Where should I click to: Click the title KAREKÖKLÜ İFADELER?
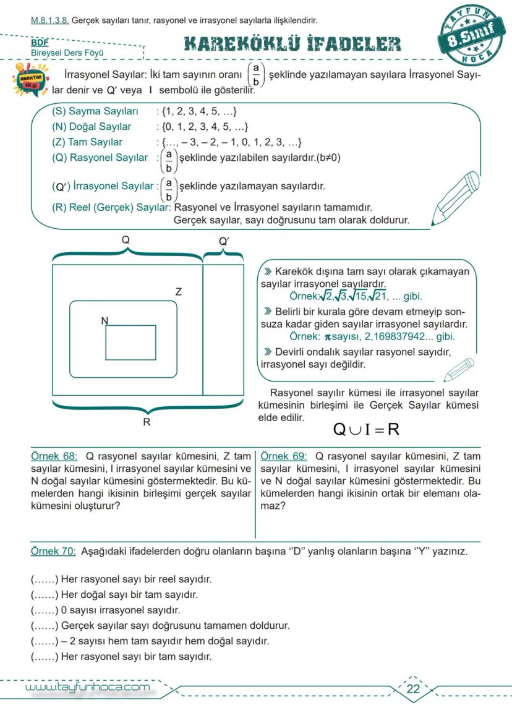click(x=292, y=44)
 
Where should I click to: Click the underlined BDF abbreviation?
click(x=40, y=43)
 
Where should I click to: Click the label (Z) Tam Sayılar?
click(x=87, y=142)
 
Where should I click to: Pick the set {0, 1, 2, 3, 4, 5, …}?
click(x=205, y=127)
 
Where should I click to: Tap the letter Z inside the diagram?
click(x=179, y=291)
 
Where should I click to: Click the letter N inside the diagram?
click(x=105, y=320)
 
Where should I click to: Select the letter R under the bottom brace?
click(x=147, y=423)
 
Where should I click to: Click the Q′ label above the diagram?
click(x=224, y=241)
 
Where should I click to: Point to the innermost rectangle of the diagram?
click(x=130, y=343)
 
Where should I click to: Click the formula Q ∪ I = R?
click(x=366, y=428)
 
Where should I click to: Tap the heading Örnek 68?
click(x=54, y=456)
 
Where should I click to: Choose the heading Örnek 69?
click(x=284, y=456)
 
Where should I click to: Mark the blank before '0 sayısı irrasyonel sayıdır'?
click(x=45, y=610)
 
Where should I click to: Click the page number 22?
click(x=414, y=689)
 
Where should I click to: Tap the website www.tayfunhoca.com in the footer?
click(x=87, y=688)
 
